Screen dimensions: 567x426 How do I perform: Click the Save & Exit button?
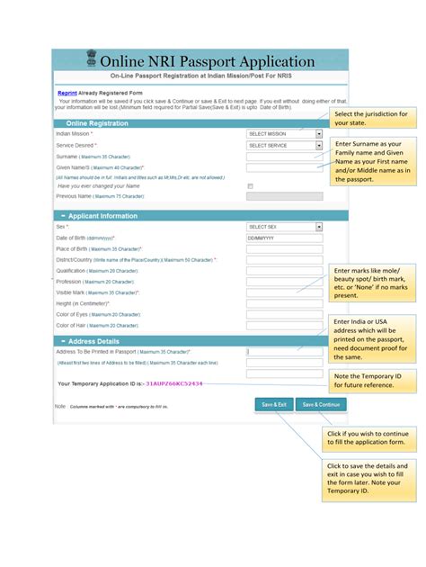coord(274,405)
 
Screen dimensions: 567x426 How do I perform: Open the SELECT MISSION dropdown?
coord(284,133)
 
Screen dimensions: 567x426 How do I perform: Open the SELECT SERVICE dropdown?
coord(284,145)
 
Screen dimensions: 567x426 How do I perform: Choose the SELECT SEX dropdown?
coord(284,227)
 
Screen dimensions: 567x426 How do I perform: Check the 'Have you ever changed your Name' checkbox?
coord(250,185)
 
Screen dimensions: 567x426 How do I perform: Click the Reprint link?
coord(67,93)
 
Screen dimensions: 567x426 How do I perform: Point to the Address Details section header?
coord(93,341)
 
